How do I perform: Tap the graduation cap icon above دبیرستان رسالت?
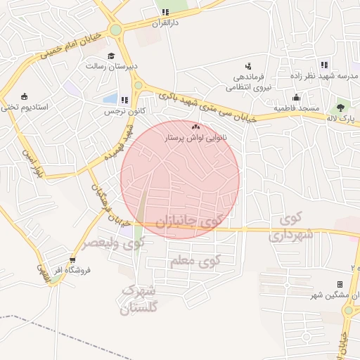point(110,56)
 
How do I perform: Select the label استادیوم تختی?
point(25,107)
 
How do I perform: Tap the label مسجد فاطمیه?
point(297,108)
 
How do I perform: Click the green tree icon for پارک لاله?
point(340,108)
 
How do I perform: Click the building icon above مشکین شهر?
point(340,284)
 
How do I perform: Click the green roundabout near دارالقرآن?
point(115,30)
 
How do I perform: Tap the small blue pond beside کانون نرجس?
point(110,99)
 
